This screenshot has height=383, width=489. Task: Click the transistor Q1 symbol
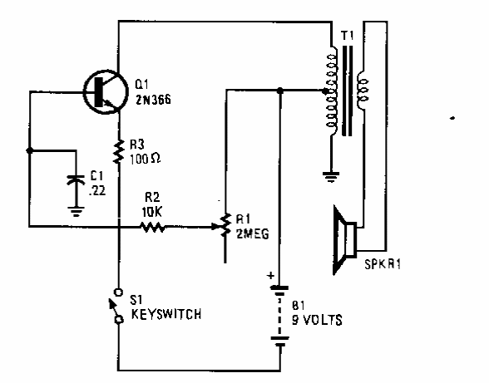(x=106, y=91)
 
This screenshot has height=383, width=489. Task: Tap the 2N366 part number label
(x=153, y=100)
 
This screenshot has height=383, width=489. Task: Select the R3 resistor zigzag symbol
(x=118, y=152)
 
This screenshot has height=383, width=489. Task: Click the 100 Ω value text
(x=145, y=159)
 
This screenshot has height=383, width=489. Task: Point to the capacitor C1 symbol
(x=76, y=180)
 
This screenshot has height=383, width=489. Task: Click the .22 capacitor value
(x=97, y=190)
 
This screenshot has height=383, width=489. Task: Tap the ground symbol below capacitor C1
(x=77, y=211)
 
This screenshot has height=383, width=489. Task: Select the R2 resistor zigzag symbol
(x=152, y=227)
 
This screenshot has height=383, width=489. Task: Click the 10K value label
(x=152, y=212)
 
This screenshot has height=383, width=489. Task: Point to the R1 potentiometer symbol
(x=225, y=225)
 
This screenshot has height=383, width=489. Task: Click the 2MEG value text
(x=253, y=233)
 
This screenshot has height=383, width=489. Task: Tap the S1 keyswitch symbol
(x=117, y=306)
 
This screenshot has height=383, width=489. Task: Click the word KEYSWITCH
(x=166, y=314)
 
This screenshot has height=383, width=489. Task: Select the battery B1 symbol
(x=279, y=316)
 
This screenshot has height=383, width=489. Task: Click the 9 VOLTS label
(x=317, y=320)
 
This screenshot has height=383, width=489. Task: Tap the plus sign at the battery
(x=271, y=276)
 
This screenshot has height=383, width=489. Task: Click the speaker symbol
(x=344, y=240)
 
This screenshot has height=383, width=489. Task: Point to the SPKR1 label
(x=383, y=264)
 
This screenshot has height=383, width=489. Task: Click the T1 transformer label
(x=348, y=36)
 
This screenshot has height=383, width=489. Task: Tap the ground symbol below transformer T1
(x=331, y=177)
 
